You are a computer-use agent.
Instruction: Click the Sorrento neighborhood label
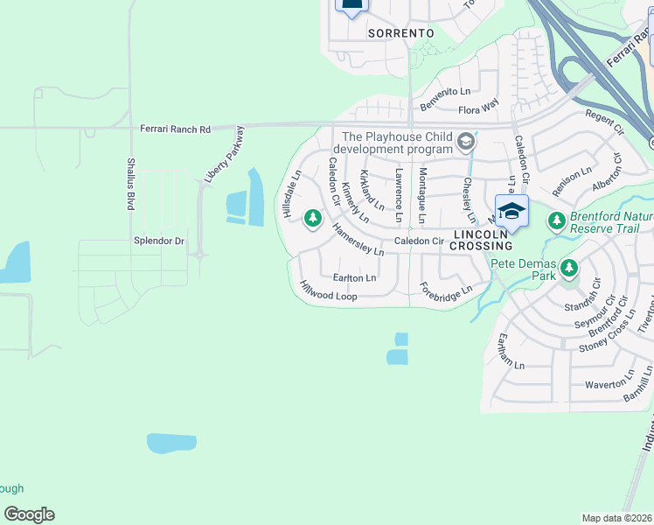coord(401,32)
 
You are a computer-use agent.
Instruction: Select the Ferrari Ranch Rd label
coord(176,129)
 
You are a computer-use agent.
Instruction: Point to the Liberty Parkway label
coord(225,155)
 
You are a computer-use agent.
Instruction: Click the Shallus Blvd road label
coord(129,184)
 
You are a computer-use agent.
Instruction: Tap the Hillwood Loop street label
coord(328,291)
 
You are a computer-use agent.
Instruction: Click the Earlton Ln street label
coord(354,277)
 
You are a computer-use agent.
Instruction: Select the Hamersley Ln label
coord(358,239)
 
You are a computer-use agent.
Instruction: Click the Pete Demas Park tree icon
coord(570,267)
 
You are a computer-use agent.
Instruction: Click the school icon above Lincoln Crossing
coord(511,210)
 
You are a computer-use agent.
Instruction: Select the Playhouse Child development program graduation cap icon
coord(467,141)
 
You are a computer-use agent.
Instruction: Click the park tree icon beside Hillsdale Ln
coord(312,219)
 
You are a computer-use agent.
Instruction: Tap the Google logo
coord(29,514)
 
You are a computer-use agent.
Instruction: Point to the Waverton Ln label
coord(605,384)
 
